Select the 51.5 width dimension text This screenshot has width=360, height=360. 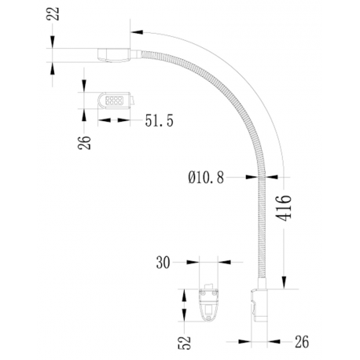pos(160,120)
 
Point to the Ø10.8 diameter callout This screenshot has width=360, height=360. pos(207,178)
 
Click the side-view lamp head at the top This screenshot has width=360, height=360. pos(113,55)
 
